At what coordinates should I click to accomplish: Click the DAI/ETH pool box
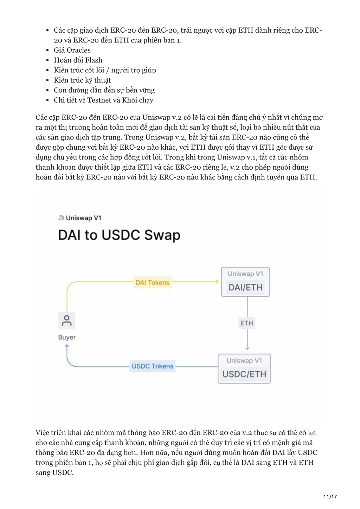click(x=245, y=282)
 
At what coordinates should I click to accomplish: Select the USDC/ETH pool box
click(x=244, y=368)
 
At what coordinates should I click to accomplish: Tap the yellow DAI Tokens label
click(x=152, y=282)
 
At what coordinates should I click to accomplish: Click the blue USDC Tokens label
click(x=152, y=366)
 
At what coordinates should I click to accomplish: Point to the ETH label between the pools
click(x=247, y=323)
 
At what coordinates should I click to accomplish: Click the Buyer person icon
click(x=67, y=321)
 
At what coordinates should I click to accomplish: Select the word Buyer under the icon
click(x=67, y=337)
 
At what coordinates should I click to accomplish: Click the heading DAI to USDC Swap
click(x=119, y=235)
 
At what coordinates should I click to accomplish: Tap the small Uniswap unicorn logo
click(x=61, y=217)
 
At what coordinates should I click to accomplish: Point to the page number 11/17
click(x=330, y=496)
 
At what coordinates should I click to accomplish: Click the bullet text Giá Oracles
click(x=72, y=50)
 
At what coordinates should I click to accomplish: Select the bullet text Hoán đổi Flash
click(x=78, y=60)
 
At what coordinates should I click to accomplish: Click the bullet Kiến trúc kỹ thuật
click(x=82, y=80)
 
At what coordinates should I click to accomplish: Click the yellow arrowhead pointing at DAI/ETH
click(x=217, y=282)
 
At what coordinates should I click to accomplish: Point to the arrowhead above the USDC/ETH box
click(x=247, y=348)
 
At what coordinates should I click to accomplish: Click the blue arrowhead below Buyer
click(x=67, y=346)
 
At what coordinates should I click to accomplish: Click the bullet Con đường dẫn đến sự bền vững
click(x=104, y=90)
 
